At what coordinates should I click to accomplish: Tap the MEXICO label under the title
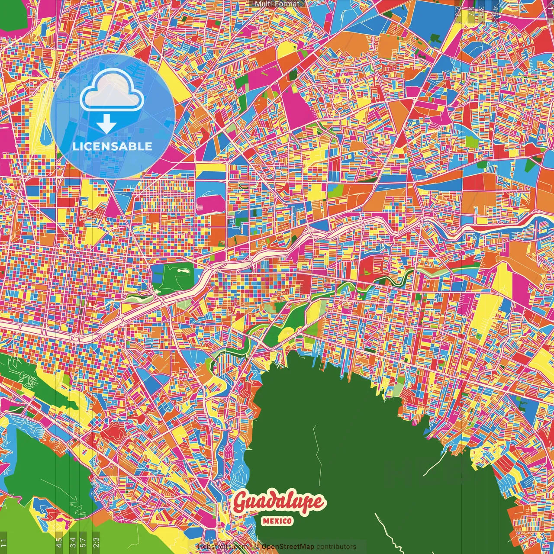(x=277, y=521)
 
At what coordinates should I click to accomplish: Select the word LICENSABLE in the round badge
(x=113, y=146)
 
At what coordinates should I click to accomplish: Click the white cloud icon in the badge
(x=112, y=91)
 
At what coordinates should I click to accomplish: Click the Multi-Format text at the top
(x=277, y=4)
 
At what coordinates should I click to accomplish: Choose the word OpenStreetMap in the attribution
(x=288, y=547)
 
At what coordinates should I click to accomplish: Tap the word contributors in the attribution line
(x=336, y=547)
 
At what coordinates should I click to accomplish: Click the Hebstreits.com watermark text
(x=222, y=547)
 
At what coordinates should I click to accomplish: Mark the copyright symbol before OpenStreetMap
(x=257, y=547)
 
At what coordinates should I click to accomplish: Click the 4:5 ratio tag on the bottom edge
(x=59, y=543)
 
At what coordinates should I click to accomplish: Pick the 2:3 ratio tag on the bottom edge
(x=96, y=543)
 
